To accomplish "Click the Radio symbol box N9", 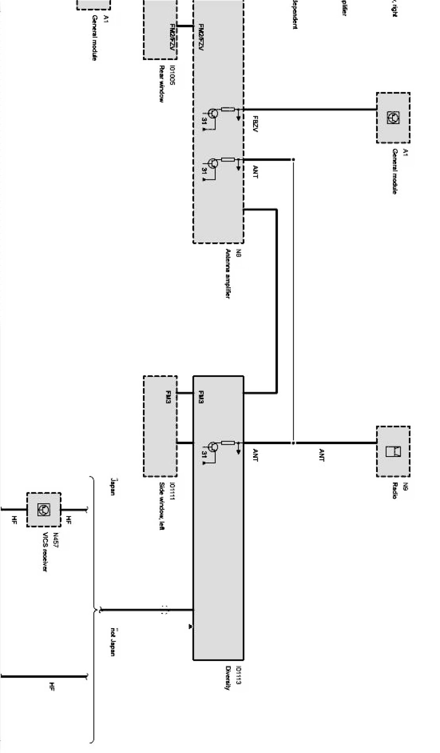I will click(x=393, y=451).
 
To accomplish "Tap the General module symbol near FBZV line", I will click(x=393, y=118).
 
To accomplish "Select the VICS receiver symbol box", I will click(x=43, y=509).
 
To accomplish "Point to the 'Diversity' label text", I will click(x=228, y=678).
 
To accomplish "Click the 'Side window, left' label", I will click(x=162, y=506).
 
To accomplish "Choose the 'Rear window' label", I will click(x=161, y=84).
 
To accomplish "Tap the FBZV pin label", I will click(x=255, y=124).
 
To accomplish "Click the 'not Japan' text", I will click(x=112, y=642).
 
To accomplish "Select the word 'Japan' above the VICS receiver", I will click(x=112, y=487).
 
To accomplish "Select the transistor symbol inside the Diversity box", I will click(x=213, y=446).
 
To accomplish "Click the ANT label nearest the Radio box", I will click(x=321, y=455).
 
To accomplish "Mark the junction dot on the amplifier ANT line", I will click(x=293, y=160).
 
